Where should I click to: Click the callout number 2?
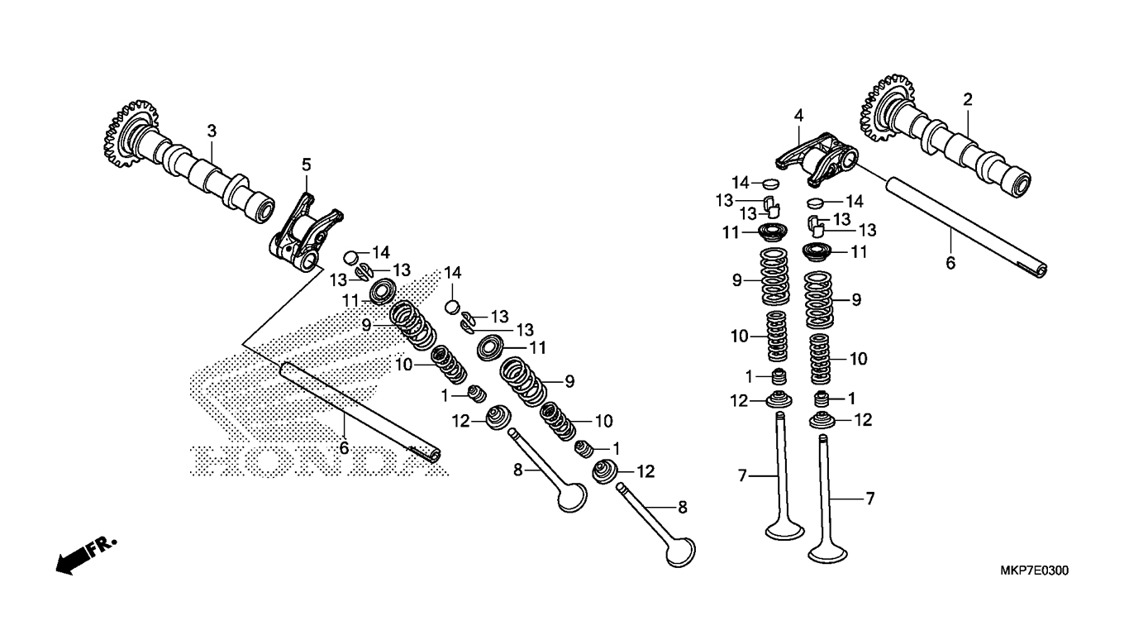point(967,100)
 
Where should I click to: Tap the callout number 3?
point(212,131)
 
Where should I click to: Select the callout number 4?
point(798,116)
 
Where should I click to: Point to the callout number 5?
point(307,165)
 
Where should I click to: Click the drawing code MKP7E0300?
point(1034,571)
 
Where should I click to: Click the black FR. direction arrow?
point(73,558)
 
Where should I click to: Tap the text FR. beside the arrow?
point(104,547)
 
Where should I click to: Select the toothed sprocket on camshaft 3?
point(129,134)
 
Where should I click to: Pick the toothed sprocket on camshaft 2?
point(884,107)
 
